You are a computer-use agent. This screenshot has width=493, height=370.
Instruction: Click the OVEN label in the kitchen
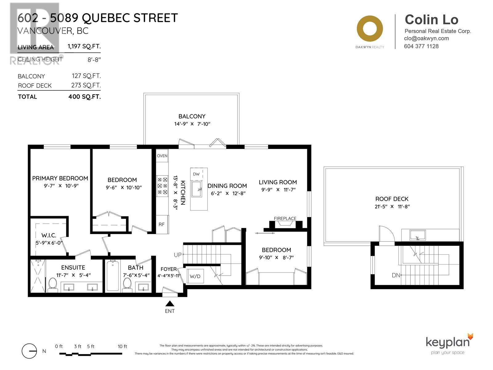click(x=162, y=156)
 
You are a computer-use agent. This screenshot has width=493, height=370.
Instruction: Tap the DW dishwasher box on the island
click(x=196, y=174)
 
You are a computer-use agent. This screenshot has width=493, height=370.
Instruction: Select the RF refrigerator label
click(x=161, y=224)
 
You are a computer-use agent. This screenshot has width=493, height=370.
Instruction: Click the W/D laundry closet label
click(x=195, y=276)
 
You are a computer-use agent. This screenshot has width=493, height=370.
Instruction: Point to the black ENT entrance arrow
click(x=170, y=303)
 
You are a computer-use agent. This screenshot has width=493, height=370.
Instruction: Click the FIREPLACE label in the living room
click(x=285, y=219)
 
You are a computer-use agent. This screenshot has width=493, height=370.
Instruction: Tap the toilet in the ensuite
click(x=53, y=284)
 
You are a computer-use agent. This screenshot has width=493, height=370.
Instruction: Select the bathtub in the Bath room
click(x=113, y=276)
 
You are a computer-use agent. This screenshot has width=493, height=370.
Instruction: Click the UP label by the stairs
click(x=178, y=255)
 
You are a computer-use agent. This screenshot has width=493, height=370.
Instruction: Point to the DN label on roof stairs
click(x=396, y=275)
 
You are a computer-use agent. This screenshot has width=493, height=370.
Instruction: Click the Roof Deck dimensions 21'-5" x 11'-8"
click(x=392, y=207)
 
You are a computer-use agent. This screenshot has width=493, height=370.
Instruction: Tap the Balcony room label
click(x=192, y=116)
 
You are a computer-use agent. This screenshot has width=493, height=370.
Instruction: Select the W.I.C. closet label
click(x=49, y=235)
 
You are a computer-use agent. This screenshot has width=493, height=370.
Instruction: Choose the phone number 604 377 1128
click(x=421, y=46)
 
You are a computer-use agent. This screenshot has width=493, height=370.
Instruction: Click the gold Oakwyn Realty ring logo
click(x=370, y=29)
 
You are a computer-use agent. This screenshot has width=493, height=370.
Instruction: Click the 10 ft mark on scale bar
click(x=122, y=347)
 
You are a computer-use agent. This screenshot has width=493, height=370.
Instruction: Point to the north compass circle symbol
click(x=30, y=351)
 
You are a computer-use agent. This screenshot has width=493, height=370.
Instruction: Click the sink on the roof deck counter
click(x=418, y=235)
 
